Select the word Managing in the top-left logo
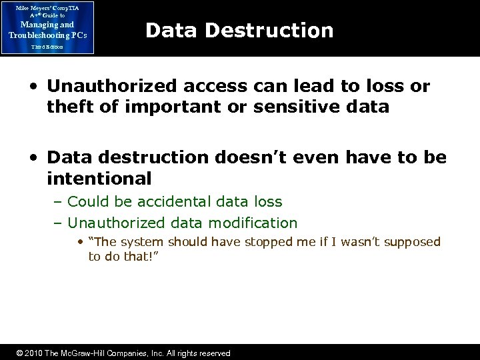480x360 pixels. pyautogui.click(x=35, y=25)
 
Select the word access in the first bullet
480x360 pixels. pyautogui.click(x=209, y=87)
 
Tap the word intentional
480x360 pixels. pyautogui.click(x=99, y=179)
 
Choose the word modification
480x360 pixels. pyautogui.click(x=254, y=223)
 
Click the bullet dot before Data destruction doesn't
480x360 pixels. pyautogui.click(x=34, y=159)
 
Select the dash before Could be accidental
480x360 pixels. pyautogui.click(x=59, y=201)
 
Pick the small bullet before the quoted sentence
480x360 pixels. pyautogui.click(x=81, y=242)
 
